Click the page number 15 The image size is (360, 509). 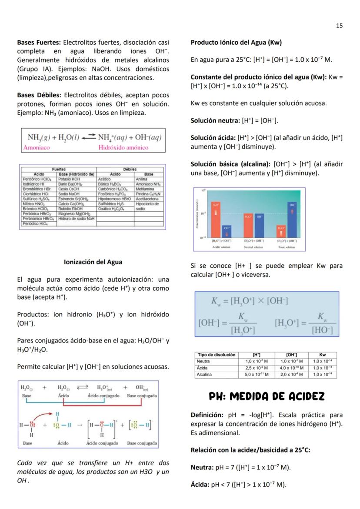click(x=339, y=26)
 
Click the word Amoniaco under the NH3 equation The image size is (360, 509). click(x=37, y=148)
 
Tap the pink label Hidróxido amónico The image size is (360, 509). click(x=123, y=148)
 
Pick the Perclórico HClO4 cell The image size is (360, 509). click(x=37, y=178)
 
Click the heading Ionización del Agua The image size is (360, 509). click(x=93, y=262)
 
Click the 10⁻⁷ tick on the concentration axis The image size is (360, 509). click(x=203, y=213)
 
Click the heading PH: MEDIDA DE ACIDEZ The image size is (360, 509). click(x=267, y=396)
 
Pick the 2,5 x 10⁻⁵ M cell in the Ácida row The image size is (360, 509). click(x=256, y=367)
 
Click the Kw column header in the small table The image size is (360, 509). click(x=322, y=355)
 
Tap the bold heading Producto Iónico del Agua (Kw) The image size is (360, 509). click(x=236, y=43)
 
